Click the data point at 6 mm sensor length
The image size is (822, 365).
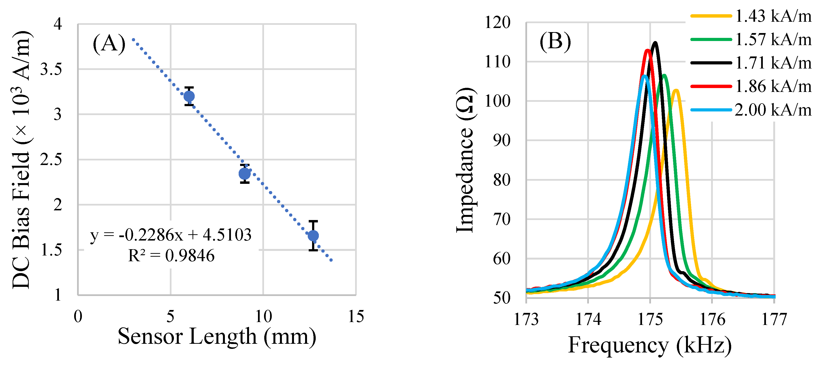tap(189, 96)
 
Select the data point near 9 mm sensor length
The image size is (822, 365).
tap(245, 174)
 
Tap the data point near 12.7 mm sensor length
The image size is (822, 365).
tap(313, 236)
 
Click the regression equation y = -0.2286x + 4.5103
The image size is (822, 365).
tap(171, 235)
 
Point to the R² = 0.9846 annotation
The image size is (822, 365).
tap(171, 255)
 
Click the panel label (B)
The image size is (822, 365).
tap(555, 41)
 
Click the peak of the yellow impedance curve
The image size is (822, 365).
tap(676, 90)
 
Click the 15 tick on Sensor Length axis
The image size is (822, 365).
tap(356, 317)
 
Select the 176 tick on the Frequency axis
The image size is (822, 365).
tap(712, 319)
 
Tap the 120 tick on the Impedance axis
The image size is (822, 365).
tap(498, 23)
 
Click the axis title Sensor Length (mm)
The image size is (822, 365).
tap(217, 337)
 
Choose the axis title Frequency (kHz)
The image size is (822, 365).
tap(650, 345)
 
